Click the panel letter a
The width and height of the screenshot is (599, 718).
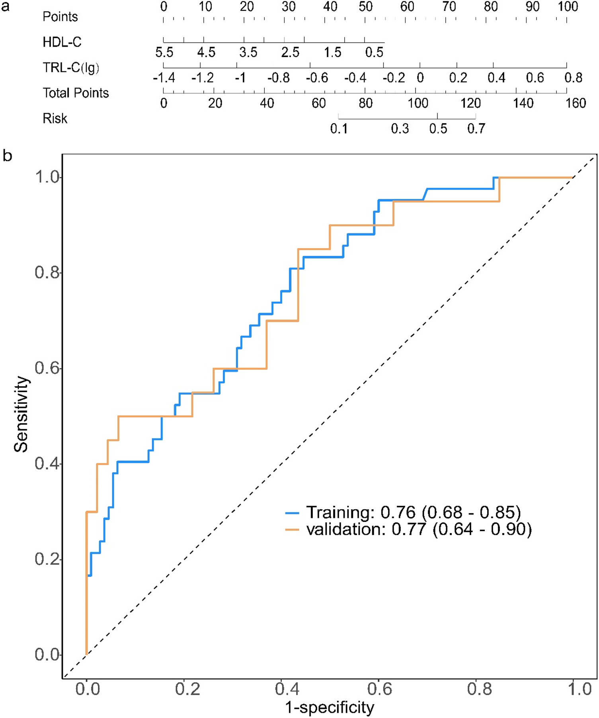click(x=6, y=7)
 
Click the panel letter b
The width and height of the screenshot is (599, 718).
click(x=7, y=156)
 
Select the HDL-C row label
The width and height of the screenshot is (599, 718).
click(x=62, y=42)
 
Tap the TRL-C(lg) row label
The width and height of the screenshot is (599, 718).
click(x=71, y=67)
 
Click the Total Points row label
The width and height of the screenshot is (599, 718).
click(x=76, y=93)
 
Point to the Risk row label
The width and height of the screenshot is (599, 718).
click(x=55, y=118)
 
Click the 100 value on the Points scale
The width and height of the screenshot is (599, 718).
click(x=568, y=7)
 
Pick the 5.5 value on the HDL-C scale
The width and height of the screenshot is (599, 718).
click(x=164, y=53)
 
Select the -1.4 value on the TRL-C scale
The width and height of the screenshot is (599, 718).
click(x=164, y=78)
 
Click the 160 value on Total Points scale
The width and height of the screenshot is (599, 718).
click(x=576, y=103)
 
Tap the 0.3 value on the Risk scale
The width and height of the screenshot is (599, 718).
click(x=400, y=129)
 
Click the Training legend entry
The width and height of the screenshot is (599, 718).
click(x=403, y=512)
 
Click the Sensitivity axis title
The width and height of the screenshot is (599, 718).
click(x=21, y=414)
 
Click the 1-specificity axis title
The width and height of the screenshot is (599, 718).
click(x=330, y=707)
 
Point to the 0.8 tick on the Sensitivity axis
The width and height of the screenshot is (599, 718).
click(x=47, y=273)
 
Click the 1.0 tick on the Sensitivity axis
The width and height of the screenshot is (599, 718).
click(x=47, y=177)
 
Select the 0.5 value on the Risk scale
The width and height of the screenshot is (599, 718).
click(x=438, y=129)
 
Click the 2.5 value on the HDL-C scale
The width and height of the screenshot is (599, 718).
click(x=290, y=53)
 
